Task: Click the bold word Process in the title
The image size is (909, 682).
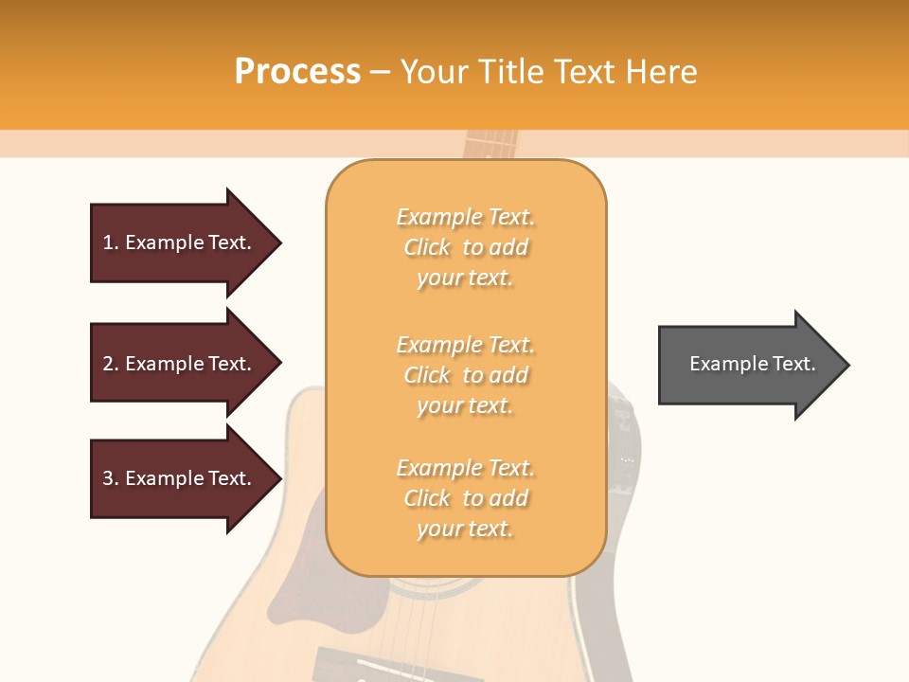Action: [x=297, y=72]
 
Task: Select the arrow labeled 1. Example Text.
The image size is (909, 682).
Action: [x=178, y=242]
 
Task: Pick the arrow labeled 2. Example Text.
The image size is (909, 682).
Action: [x=178, y=364]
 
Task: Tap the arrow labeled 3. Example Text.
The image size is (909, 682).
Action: [x=178, y=478]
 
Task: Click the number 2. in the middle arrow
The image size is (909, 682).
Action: [x=111, y=364]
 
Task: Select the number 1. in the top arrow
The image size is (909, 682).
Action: [x=111, y=242]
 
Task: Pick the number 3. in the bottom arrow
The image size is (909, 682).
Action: [x=111, y=478]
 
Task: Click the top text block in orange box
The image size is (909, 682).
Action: [x=465, y=247]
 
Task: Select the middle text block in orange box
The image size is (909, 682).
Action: [x=465, y=375]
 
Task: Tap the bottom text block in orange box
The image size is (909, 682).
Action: [x=465, y=498]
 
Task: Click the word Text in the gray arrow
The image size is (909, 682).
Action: [x=794, y=364]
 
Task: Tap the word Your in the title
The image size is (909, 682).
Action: [x=436, y=72]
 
